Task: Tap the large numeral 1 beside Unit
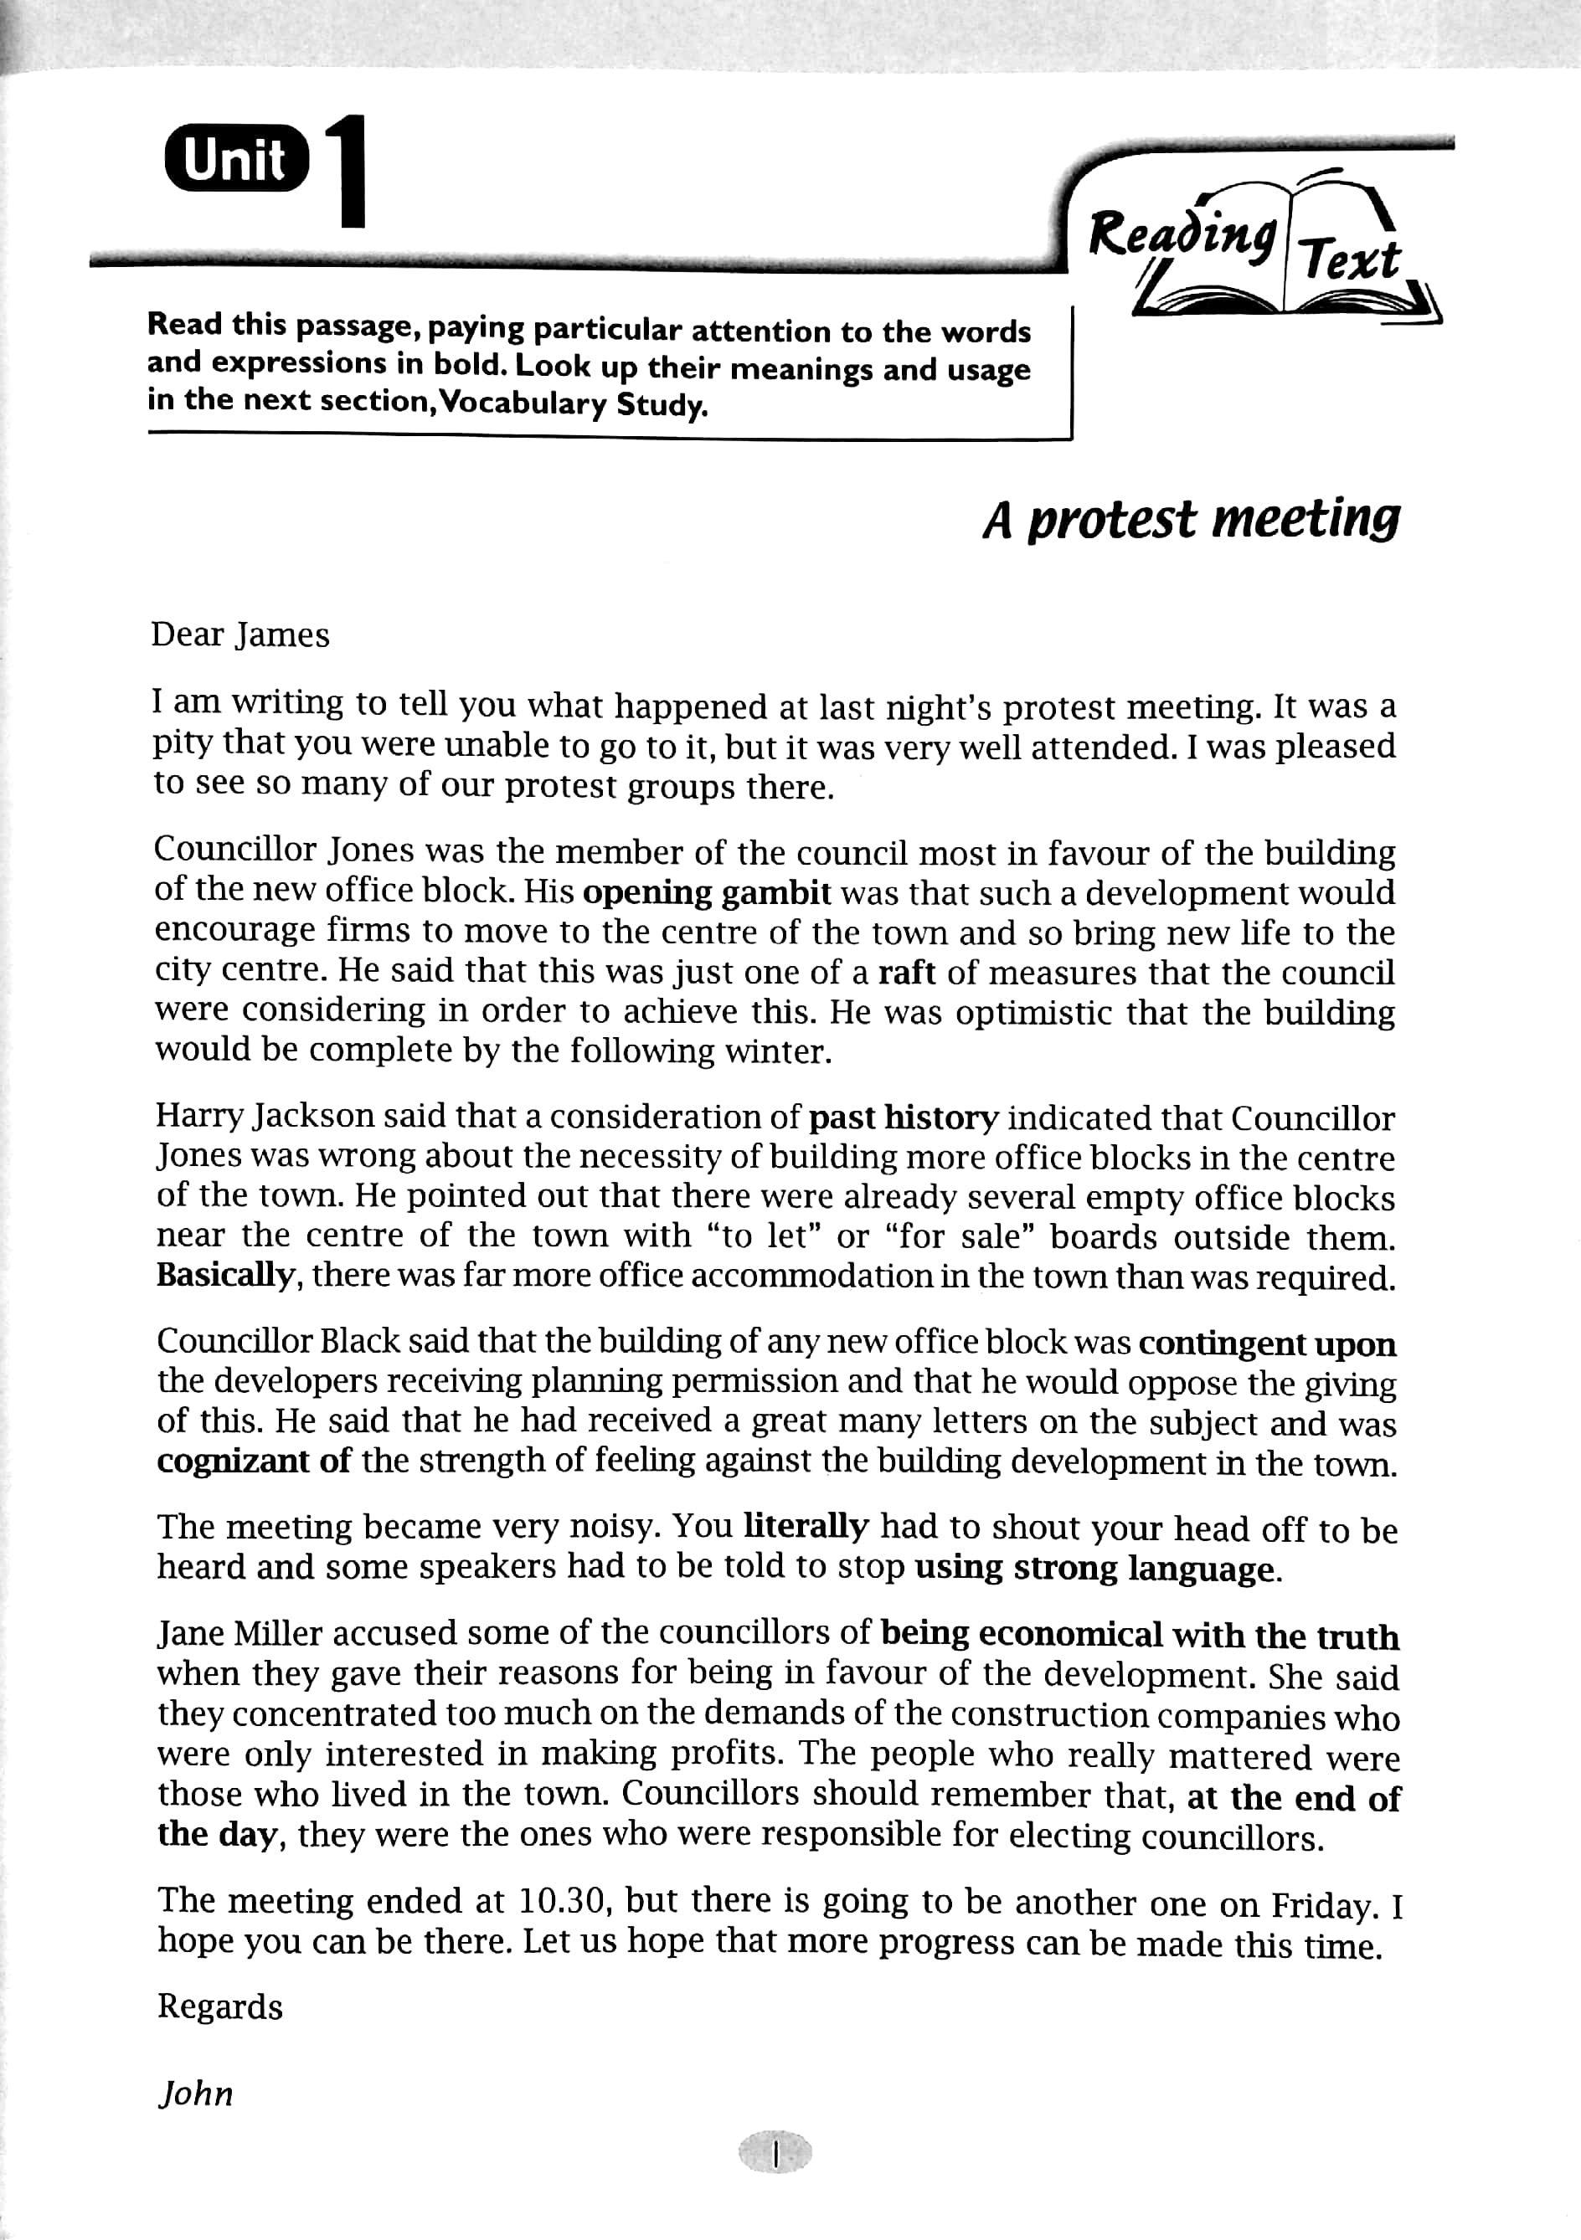[347, 172]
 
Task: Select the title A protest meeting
[1191, 520]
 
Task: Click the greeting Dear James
[240, 635]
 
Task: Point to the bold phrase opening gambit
[707, 892]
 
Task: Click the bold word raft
[907, 973]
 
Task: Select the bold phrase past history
[904, 1117]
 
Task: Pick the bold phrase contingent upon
[1267, 1343]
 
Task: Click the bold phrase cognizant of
[254, 1462]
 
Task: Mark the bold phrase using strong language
[1093, 1568]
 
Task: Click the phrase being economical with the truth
[1139, 1635]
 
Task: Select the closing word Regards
[220, 2006]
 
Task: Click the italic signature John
[196, 2094]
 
